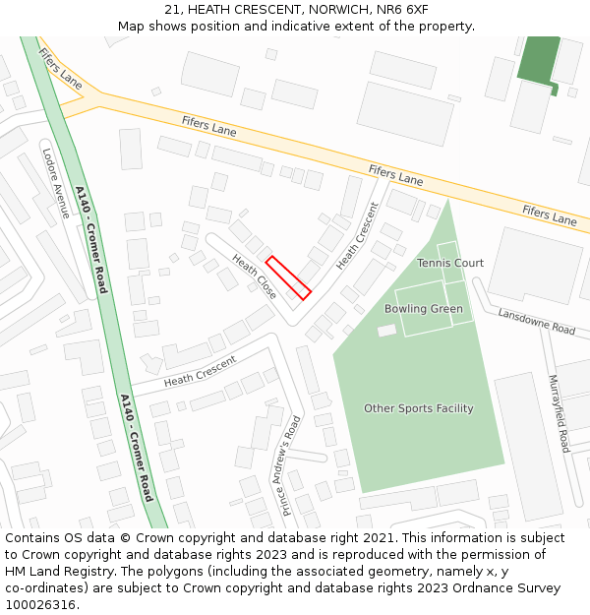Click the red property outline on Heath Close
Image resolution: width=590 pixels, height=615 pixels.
(x=288, y=277)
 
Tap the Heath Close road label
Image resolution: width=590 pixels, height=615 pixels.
(x=254, y=277)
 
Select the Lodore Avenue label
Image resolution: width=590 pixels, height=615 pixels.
(x=56, y=181)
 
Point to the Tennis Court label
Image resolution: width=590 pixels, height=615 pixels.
(x=450, y=263)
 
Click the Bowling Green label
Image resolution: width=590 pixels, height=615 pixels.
(x=423, y=309)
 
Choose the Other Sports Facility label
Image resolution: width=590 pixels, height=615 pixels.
(x=418, y=408)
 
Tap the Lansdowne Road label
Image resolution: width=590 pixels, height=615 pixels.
(x=536, y=322)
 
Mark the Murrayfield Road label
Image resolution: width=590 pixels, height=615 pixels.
(x=559, y=413)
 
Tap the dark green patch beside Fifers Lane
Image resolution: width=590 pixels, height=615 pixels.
(x=538, y=62)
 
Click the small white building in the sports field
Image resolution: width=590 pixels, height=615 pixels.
(x=386, y=331)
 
